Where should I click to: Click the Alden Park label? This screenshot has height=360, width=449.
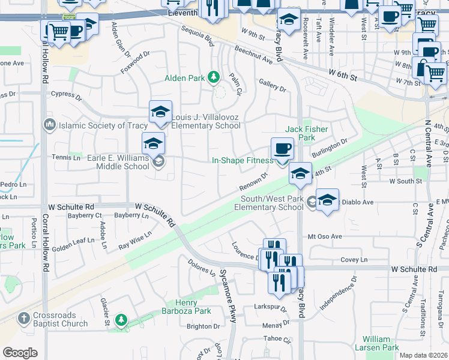coord(184,79)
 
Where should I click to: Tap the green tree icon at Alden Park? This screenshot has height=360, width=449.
coord(212,77)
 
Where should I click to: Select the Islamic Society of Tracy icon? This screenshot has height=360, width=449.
coord(49,125)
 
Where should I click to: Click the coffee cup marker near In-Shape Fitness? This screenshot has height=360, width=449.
coord(282,148)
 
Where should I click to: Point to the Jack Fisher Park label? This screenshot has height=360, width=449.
coord(300,133)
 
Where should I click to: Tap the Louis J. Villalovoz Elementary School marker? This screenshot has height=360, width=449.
coord(160,112)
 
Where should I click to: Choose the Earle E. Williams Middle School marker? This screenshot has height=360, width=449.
coord(153,144)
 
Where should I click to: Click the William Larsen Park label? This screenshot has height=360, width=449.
coord(381,343)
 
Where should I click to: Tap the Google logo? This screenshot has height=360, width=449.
coord(20,353)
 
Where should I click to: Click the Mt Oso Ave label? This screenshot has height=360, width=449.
coord(325,236)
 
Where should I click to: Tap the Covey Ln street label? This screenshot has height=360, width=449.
coord(354,259)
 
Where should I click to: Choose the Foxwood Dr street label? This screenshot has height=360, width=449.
coord(134,62)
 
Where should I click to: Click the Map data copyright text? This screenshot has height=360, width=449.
coord(424,355)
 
